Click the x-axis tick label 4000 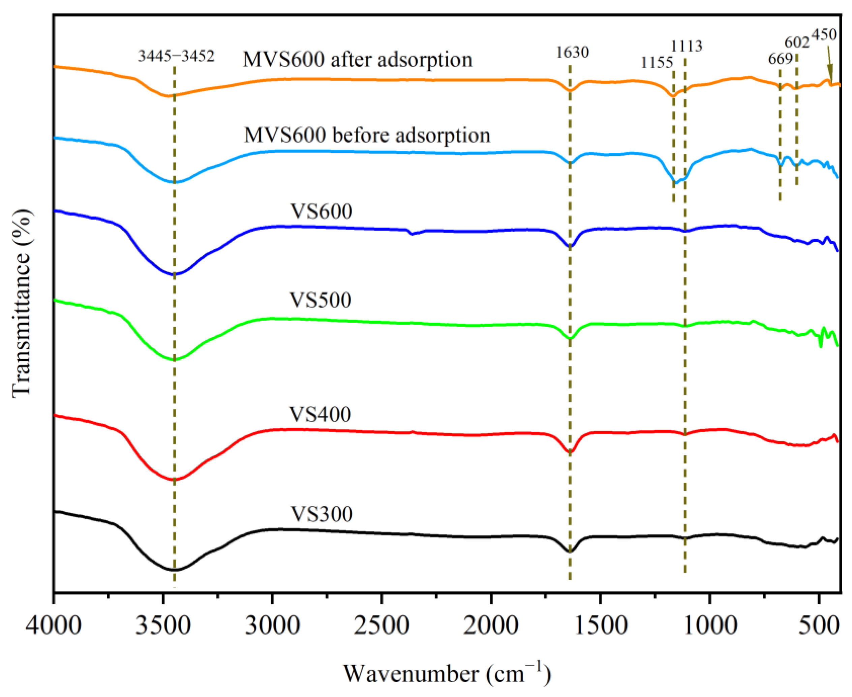pyautogui.click(x=53, y=626)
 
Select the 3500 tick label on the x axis pyautogui.click(x=162, y=626)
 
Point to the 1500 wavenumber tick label pyautogui.click(x=600, y=626)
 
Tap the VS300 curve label pyautogui.click(x=321, y=514)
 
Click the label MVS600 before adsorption pyautogui.click(x=367, y=135)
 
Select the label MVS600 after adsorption pyautogui.click(x=357, y=59)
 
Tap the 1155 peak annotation pyautogui.click(x=657, y=63)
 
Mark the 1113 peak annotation pyautogui.click(x=687, y=47)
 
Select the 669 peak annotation pyautogui.click(x=781, y=59)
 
